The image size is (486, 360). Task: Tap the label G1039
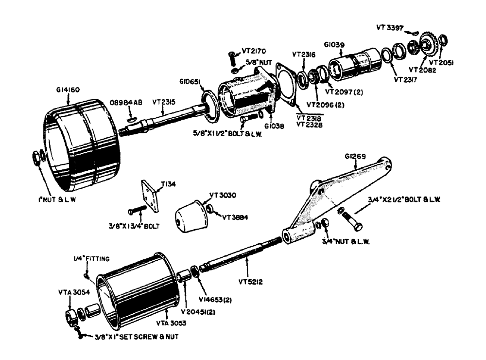(334, 44)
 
